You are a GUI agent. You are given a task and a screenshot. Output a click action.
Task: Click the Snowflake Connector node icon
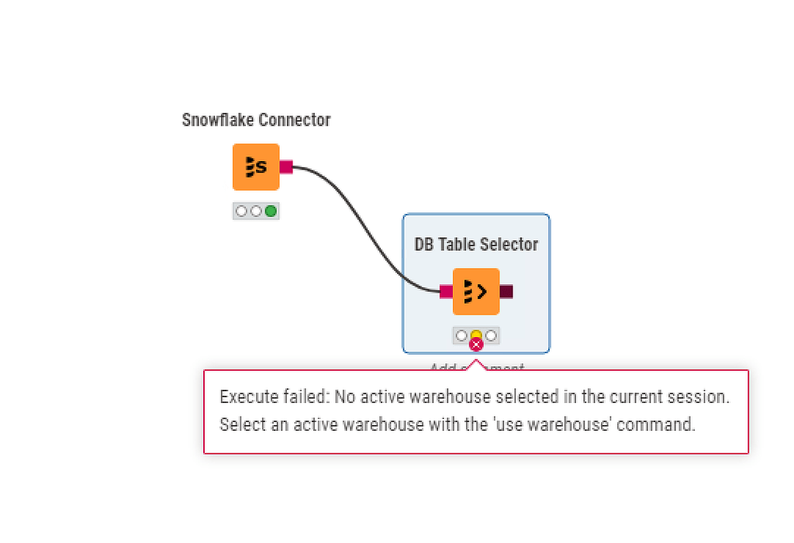256,167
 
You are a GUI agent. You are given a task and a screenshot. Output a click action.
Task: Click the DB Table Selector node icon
476,291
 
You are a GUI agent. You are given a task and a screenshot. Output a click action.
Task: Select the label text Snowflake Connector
256,120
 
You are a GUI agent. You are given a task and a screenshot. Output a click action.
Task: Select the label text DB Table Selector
476,245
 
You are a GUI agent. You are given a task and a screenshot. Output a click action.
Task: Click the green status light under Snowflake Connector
271,211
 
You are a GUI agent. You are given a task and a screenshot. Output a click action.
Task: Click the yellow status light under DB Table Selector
476,335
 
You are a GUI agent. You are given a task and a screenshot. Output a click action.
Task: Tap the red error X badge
476,345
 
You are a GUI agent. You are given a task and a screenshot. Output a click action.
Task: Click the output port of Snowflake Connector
286,167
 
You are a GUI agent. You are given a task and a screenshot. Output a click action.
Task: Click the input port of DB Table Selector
446,291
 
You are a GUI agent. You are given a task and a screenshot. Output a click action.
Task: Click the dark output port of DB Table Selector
506,291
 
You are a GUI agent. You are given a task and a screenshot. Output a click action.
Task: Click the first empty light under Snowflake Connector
241,211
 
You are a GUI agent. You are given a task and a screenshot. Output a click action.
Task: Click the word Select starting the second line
240,424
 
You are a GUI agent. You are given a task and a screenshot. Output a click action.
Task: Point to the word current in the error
634,397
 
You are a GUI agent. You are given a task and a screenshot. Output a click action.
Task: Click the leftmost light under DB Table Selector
461,335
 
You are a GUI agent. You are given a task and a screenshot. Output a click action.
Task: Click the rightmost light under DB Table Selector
491,335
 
